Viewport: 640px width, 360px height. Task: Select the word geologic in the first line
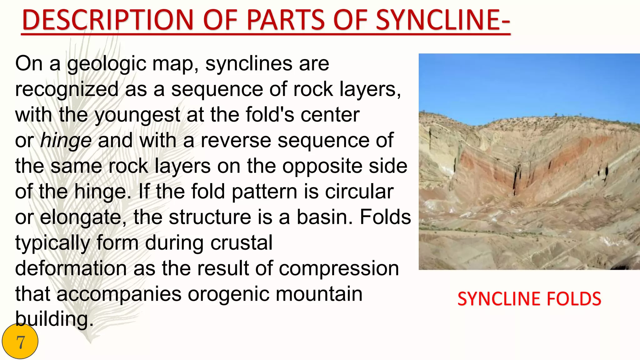[x=107, y=64]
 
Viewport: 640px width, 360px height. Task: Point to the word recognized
[x=67, y=90]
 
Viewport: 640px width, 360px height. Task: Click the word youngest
[x=137, y=116]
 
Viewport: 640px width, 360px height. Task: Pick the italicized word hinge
[x=66, y=141]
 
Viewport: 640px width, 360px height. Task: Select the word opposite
[x=322, y=166]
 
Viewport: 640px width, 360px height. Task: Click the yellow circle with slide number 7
[x=20, y=342]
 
